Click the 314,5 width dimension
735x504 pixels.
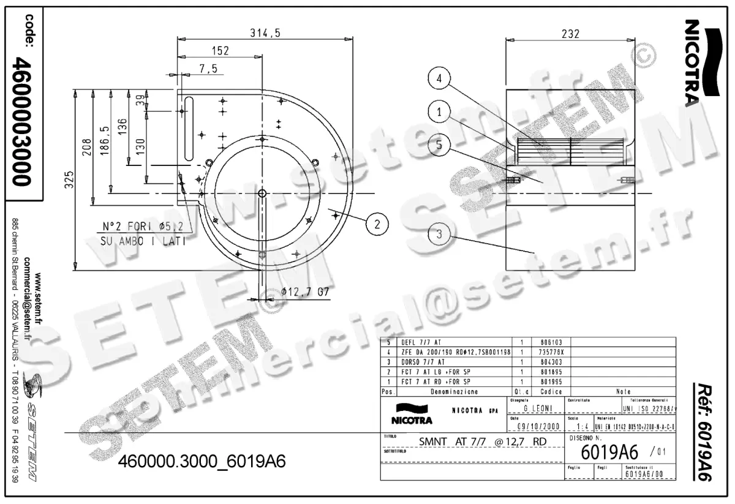(265, 34)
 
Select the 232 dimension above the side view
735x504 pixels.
(570, 34)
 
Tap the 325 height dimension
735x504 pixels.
(70, 179)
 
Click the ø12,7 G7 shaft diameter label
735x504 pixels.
(306, 292)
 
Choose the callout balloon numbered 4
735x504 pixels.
(439, 78)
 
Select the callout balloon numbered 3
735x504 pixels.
(439, 233)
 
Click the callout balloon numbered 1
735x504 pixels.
(439, 111)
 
